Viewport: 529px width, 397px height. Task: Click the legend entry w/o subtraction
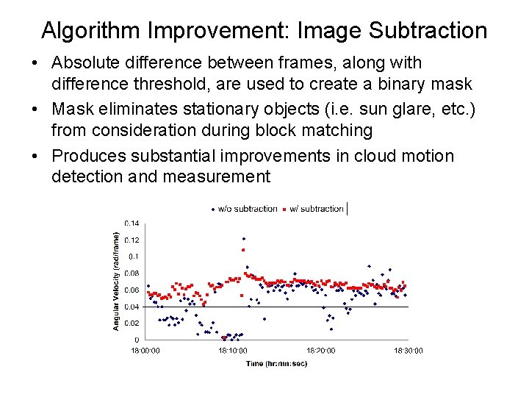(x=245, y=209)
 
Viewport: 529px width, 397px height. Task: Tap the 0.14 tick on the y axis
(x=132, y=223)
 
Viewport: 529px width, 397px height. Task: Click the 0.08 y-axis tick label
(x=132, y=273)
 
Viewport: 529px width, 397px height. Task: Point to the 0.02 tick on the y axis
(x=132, y=323)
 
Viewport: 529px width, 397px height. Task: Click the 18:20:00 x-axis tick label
(x=320, y=351)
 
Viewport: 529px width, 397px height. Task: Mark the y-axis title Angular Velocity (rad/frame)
(x=115, y=280)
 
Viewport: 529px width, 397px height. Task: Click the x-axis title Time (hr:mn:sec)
(x=276, y=364)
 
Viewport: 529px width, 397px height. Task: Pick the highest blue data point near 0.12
(x=243, y=238)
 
